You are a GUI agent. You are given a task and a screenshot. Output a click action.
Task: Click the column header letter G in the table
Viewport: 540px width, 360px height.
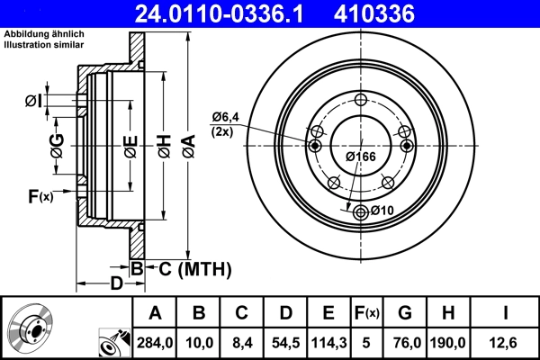(x=405, y=313)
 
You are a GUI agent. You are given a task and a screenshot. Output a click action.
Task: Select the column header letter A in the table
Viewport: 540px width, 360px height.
(x=155, y=313)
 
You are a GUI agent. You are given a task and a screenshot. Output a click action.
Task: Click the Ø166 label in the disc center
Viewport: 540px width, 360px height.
(x=361, y=157)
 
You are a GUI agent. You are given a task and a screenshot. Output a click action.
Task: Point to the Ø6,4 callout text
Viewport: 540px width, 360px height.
(x=225, y=116)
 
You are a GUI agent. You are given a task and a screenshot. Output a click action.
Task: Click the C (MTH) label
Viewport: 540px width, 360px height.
(x=190, y=268)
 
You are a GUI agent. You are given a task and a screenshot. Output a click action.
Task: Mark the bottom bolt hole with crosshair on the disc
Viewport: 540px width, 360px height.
(x=361, y=211)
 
